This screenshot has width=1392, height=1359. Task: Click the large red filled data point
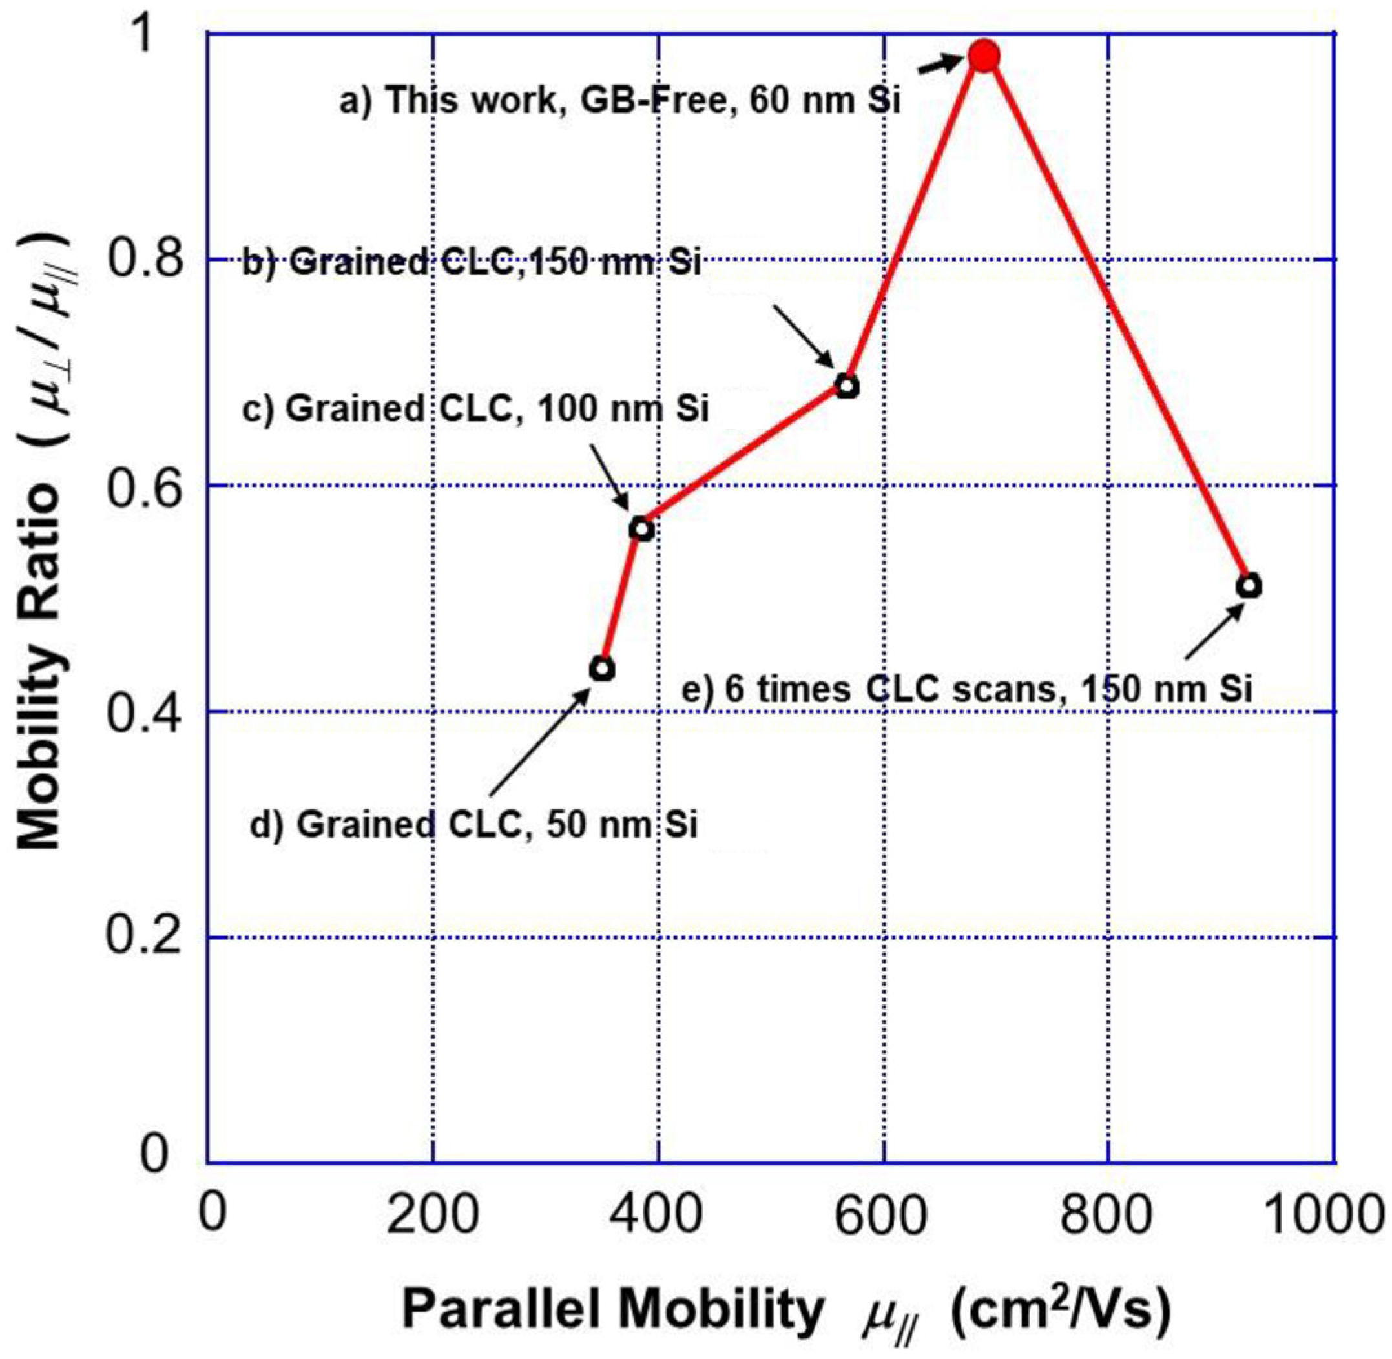click(x=984, y=56)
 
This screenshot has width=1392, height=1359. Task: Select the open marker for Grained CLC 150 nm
click(x=847, y=387)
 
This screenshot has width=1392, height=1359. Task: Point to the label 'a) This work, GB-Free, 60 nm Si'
click(x=619, y=101)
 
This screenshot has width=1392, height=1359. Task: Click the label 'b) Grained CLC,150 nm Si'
click(x=472, y=263)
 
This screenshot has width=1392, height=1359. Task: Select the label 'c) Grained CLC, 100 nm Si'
click(x=475, y=409)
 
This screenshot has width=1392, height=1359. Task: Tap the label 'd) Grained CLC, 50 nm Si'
click(x=473, y=824)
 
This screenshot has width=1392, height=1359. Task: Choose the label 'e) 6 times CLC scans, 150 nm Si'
click(x=967, y=689)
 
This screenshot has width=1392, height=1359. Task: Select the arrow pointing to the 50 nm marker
click(x=539, y=742)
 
